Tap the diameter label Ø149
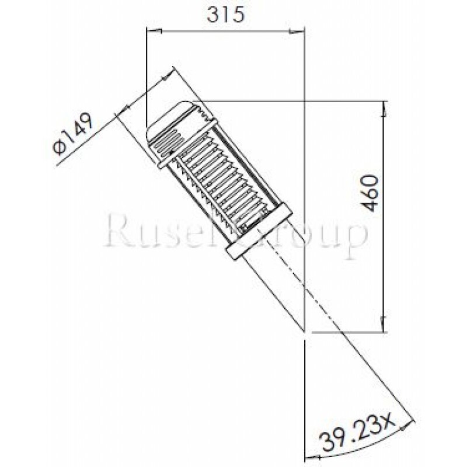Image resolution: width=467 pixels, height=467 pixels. coord(73,135)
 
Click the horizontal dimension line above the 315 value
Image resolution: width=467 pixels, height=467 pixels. coord(225,27)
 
